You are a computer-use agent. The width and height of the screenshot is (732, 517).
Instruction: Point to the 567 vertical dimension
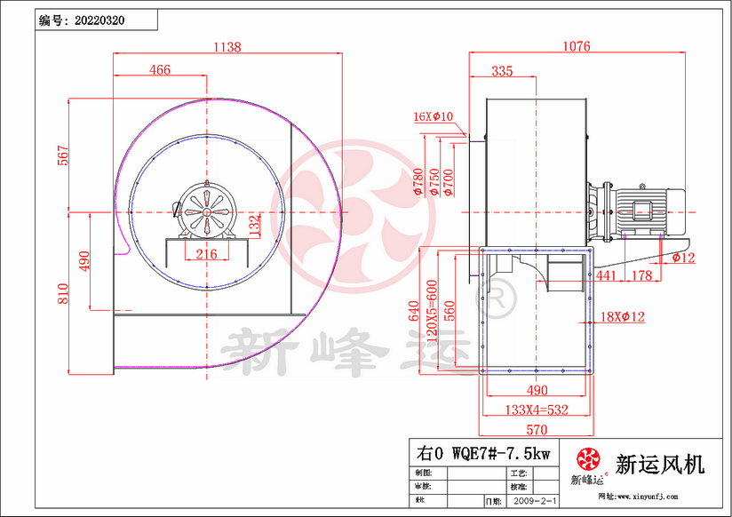click(x=62, y=155)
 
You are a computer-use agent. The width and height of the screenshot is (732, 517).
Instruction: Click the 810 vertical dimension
click(x=62, y=292)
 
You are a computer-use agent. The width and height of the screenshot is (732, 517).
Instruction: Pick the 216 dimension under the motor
click(x=206, y=255)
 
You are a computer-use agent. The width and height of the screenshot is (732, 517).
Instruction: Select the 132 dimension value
click(x=254, y=224)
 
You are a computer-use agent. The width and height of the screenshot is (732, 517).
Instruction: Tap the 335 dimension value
click(x=502, y=71)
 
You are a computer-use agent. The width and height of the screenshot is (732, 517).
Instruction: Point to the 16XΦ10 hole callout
click(x=434, y=116)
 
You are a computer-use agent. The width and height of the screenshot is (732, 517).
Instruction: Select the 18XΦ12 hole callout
click(x=622, y=316)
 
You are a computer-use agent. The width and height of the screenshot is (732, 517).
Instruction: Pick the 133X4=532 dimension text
click(x=536, y=410)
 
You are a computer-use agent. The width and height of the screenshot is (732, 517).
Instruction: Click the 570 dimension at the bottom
click(x=537, y=431)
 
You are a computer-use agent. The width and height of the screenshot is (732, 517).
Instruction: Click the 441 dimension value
click(x=606, y=276)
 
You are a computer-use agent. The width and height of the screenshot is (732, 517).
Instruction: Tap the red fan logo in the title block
click(x=587, y=460)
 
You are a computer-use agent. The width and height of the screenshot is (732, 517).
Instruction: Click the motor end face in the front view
click(x=206, y=211)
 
